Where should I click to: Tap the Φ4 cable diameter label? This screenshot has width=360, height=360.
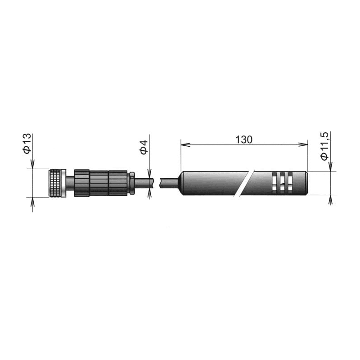[144, 147]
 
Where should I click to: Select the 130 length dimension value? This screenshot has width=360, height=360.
[244, 139]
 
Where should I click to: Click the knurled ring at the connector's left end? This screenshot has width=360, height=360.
[57, 183]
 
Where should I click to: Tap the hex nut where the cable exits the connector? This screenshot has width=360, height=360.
[132, 183]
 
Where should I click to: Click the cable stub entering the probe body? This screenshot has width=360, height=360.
[169, 183]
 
